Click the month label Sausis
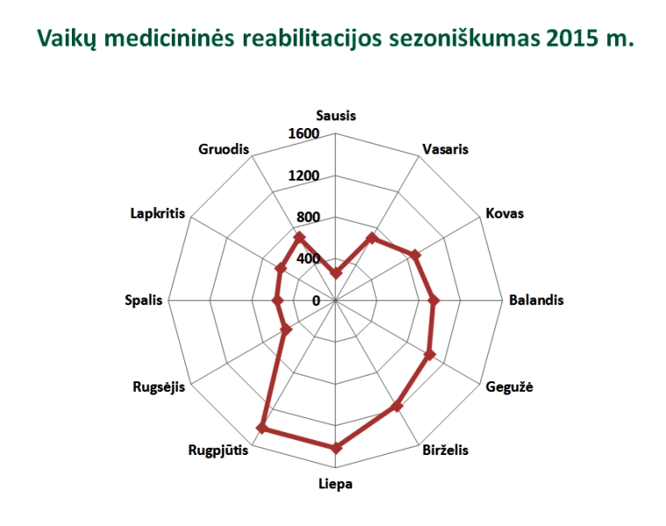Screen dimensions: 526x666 coord(336,116)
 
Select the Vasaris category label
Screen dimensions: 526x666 coord(444,149)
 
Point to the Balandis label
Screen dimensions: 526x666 coord(535,300)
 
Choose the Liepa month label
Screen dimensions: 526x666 coord(336,484)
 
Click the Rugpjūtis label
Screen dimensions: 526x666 coord(218,451)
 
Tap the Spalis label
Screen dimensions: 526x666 coord(144,300)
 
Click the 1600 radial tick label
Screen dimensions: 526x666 coord(303,133)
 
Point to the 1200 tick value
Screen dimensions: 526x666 coord(303,175)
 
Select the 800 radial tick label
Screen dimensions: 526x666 coord(307,217)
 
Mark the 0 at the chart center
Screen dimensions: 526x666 coord(316,301)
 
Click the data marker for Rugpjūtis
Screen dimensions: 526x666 coord(261,428)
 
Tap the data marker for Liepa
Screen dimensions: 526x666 coord(336,447)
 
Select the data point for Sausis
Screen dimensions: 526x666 coord(336,274)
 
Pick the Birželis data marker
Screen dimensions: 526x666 coord(397,406)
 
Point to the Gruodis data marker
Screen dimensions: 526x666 coord(299,237)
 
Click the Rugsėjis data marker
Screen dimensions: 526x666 coord(286,330)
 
